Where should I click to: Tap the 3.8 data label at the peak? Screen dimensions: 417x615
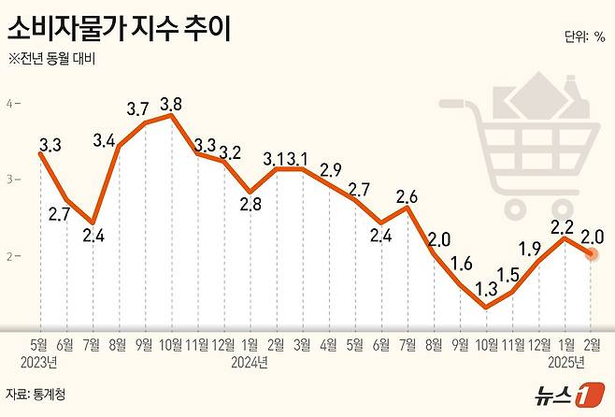pyautogui.click(x=171, y=104)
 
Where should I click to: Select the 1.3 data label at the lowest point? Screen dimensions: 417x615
pyautogui.click(x=484, y=289)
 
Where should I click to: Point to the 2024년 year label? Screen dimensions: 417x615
pyautogui.click(x=250, y=361)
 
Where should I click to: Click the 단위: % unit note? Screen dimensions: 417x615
pyautogui.click(x=584, y=37)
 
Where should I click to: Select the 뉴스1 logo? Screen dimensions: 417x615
pyautogui.click(x=559, y=394)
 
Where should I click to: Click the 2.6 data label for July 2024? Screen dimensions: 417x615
pyautogui.click(x=406, y=196)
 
